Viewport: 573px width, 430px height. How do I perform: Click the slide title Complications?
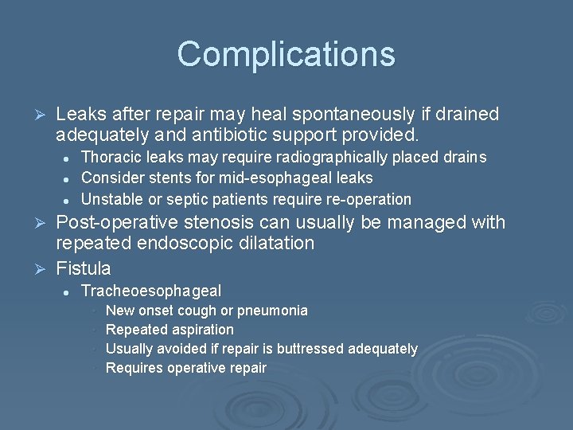(286, 54)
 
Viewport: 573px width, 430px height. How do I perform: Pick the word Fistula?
(84, 268)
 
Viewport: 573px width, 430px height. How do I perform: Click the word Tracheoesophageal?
(151, 291)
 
